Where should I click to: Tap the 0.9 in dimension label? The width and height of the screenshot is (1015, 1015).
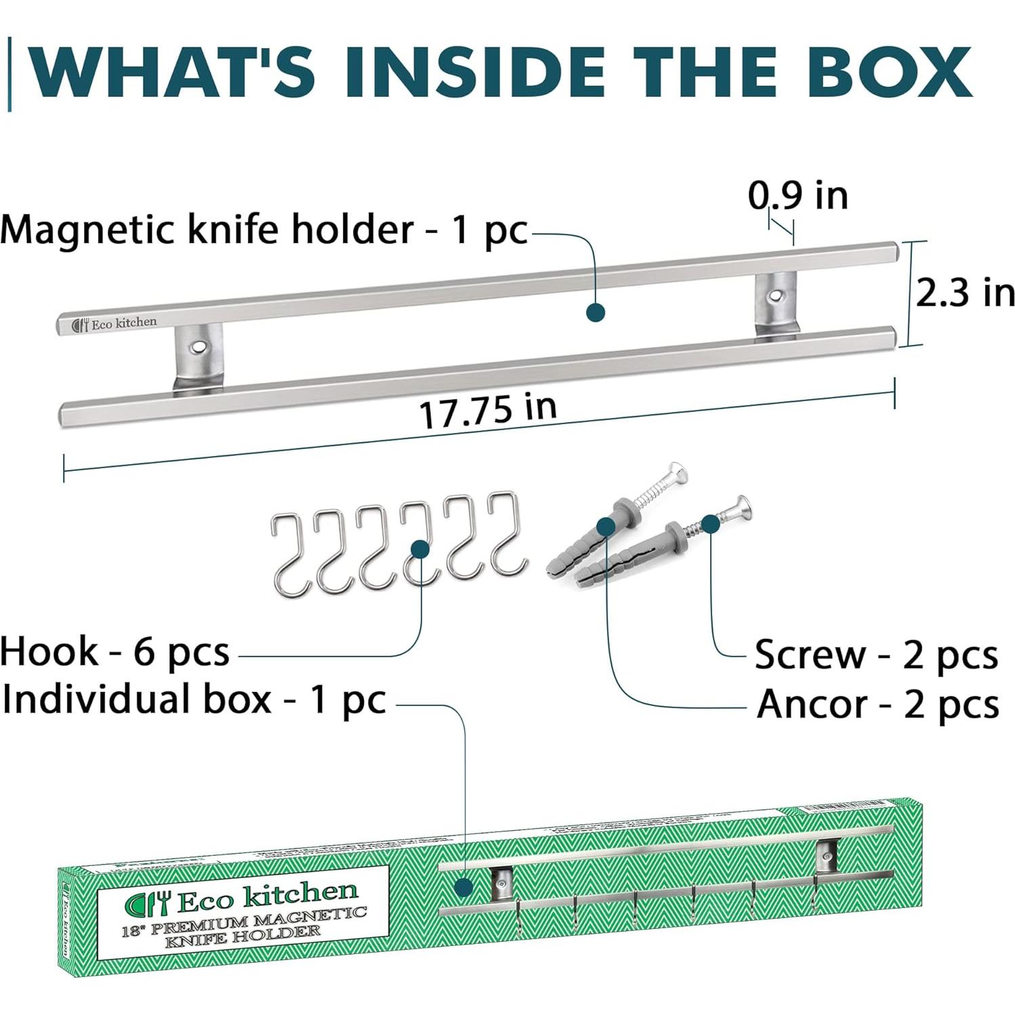[x=797, y=196]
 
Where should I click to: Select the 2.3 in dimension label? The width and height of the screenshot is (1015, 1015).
[x=964, y=293]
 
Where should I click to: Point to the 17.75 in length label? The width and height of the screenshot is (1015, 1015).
[x=488, y=411]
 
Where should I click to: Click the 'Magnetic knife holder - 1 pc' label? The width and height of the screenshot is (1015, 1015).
[x=264, y=230]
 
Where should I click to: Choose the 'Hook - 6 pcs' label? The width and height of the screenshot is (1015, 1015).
[x=115, y=652]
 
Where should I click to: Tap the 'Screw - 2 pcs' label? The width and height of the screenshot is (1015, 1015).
[x=876, y=655]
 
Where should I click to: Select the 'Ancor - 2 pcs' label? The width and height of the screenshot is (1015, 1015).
[x=877, y=704]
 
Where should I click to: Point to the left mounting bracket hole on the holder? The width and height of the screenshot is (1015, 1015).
[x=197, y=346]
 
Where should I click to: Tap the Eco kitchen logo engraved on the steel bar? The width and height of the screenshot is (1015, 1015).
[x=115, y=324]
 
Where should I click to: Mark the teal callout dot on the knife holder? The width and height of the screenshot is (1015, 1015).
[x=596, y=312]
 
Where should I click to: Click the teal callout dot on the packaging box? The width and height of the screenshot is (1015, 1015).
[x=464, y=888]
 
